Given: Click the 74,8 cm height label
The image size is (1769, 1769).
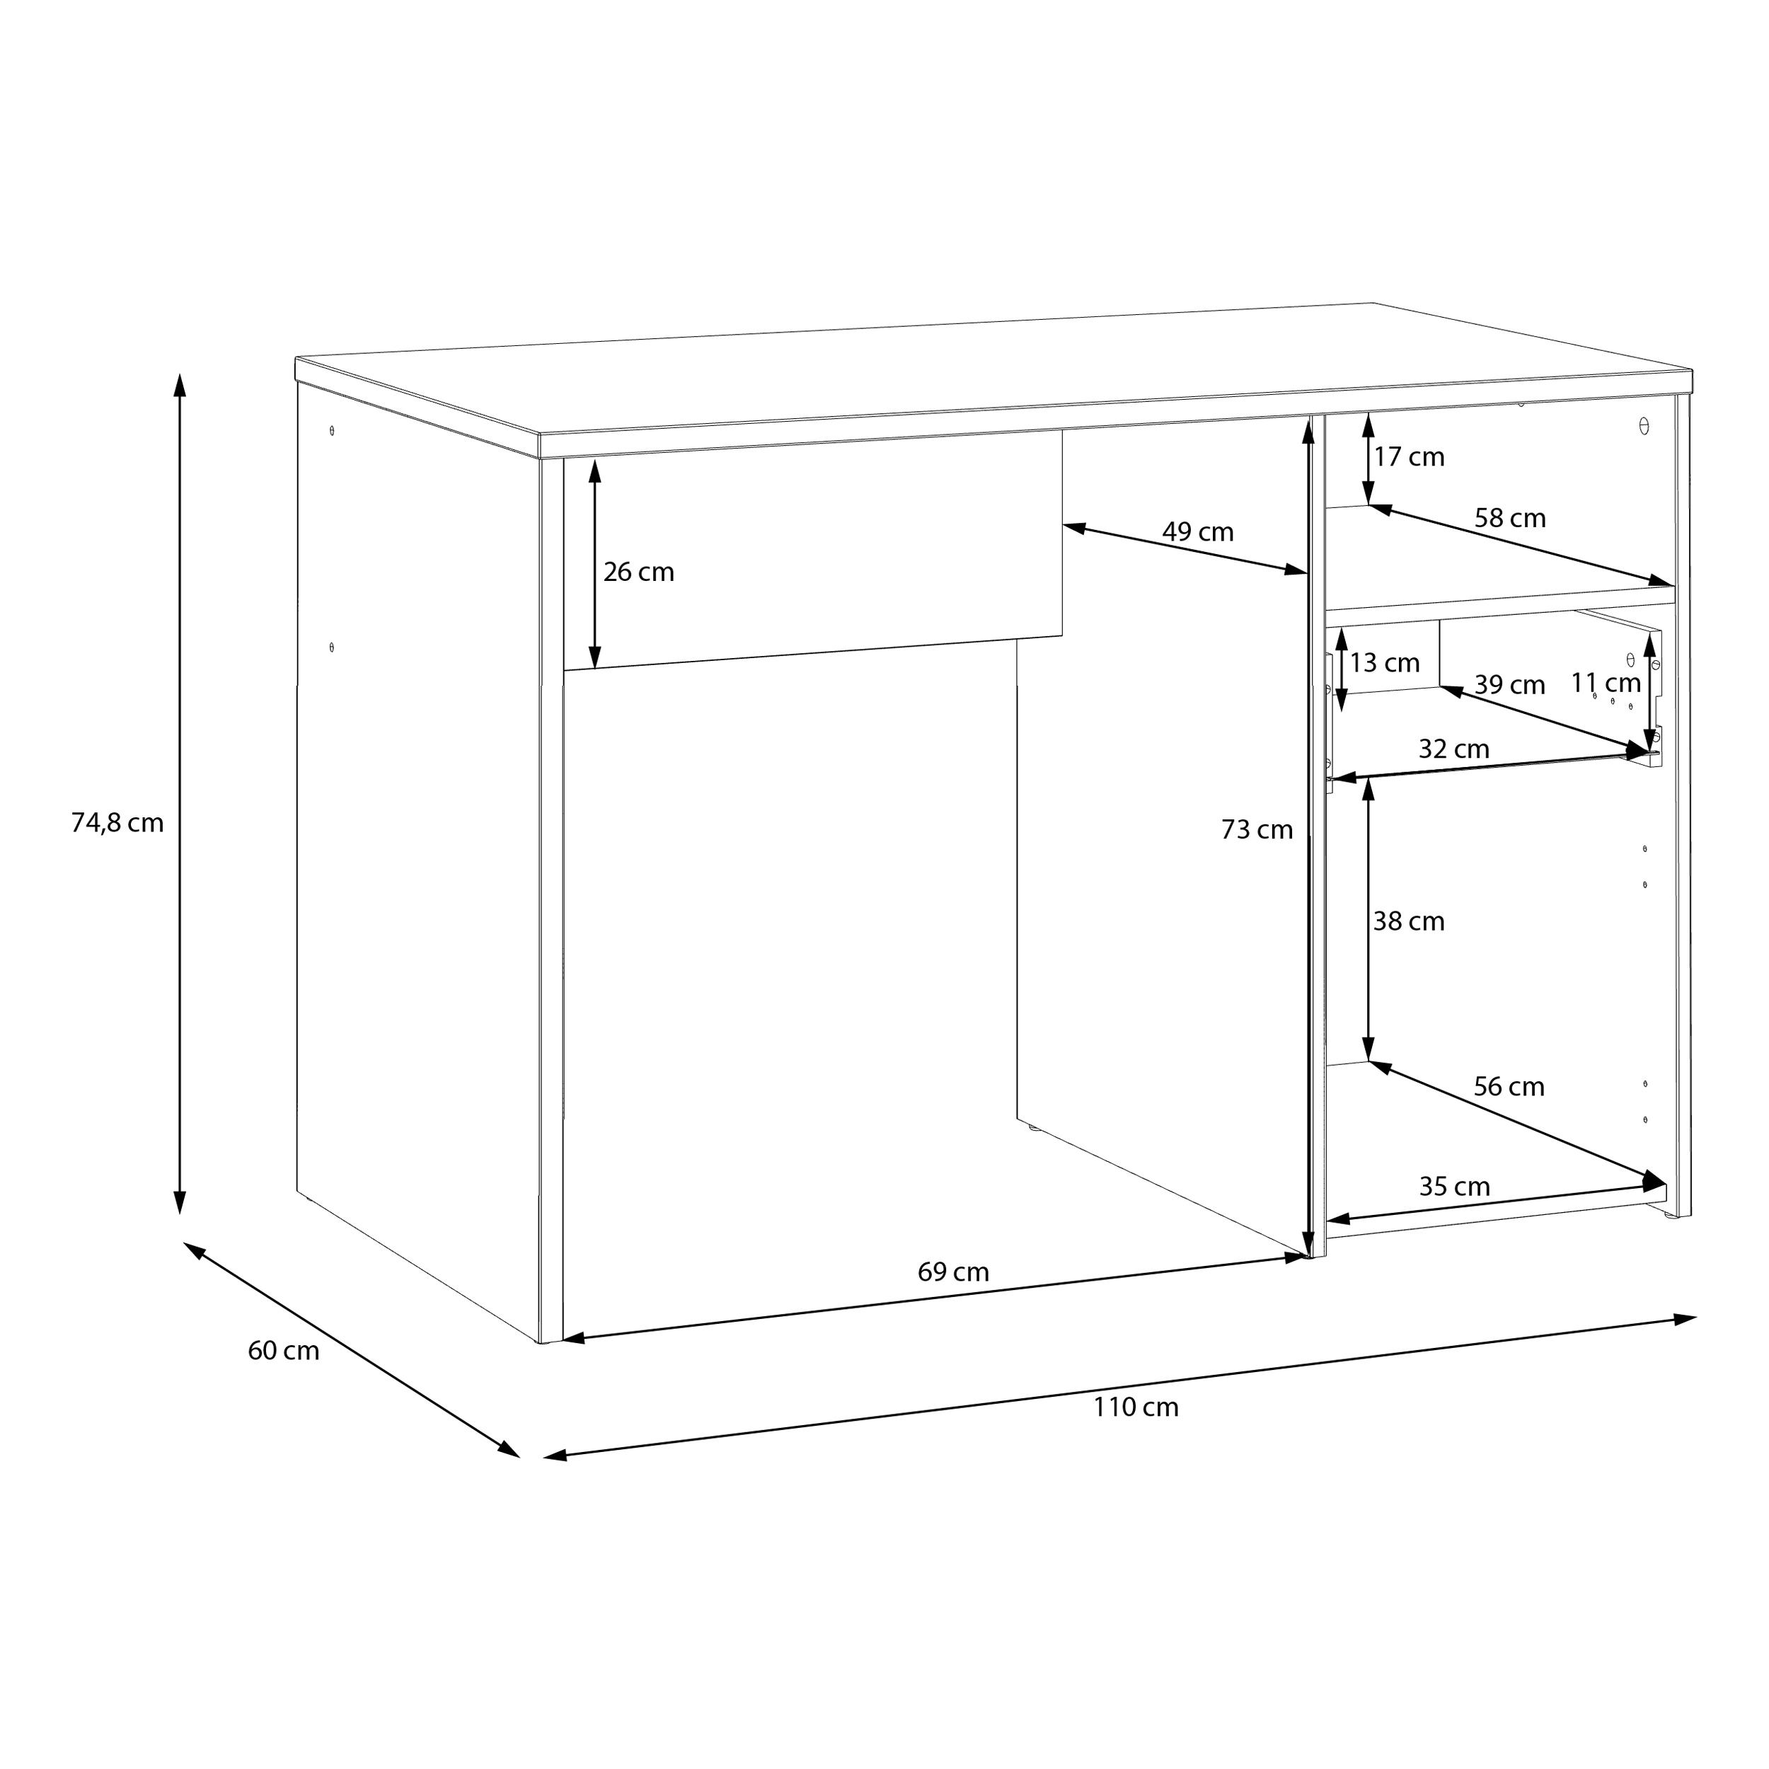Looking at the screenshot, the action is click(117, 823).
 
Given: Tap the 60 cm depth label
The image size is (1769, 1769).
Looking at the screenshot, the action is click(283, 1351).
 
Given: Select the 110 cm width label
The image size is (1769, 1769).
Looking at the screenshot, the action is click(1136, 1407).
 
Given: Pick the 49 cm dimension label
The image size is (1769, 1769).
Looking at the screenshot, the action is click(1198, 531).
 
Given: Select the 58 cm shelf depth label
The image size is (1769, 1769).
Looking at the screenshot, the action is click(1510, 517).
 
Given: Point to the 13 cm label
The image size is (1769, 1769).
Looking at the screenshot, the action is click(1385, 662).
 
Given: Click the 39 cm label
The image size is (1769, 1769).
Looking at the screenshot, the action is click(1509, 684).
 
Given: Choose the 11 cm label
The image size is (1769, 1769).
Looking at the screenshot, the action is click(1606, 682).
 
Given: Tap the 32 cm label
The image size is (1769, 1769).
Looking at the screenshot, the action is click(1454, 748).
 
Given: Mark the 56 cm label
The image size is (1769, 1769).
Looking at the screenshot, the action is click(1509, 1086).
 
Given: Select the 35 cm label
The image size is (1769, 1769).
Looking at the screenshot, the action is click(1455, 1186).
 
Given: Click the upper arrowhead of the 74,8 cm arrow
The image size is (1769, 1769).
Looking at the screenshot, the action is click(180, 384).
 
